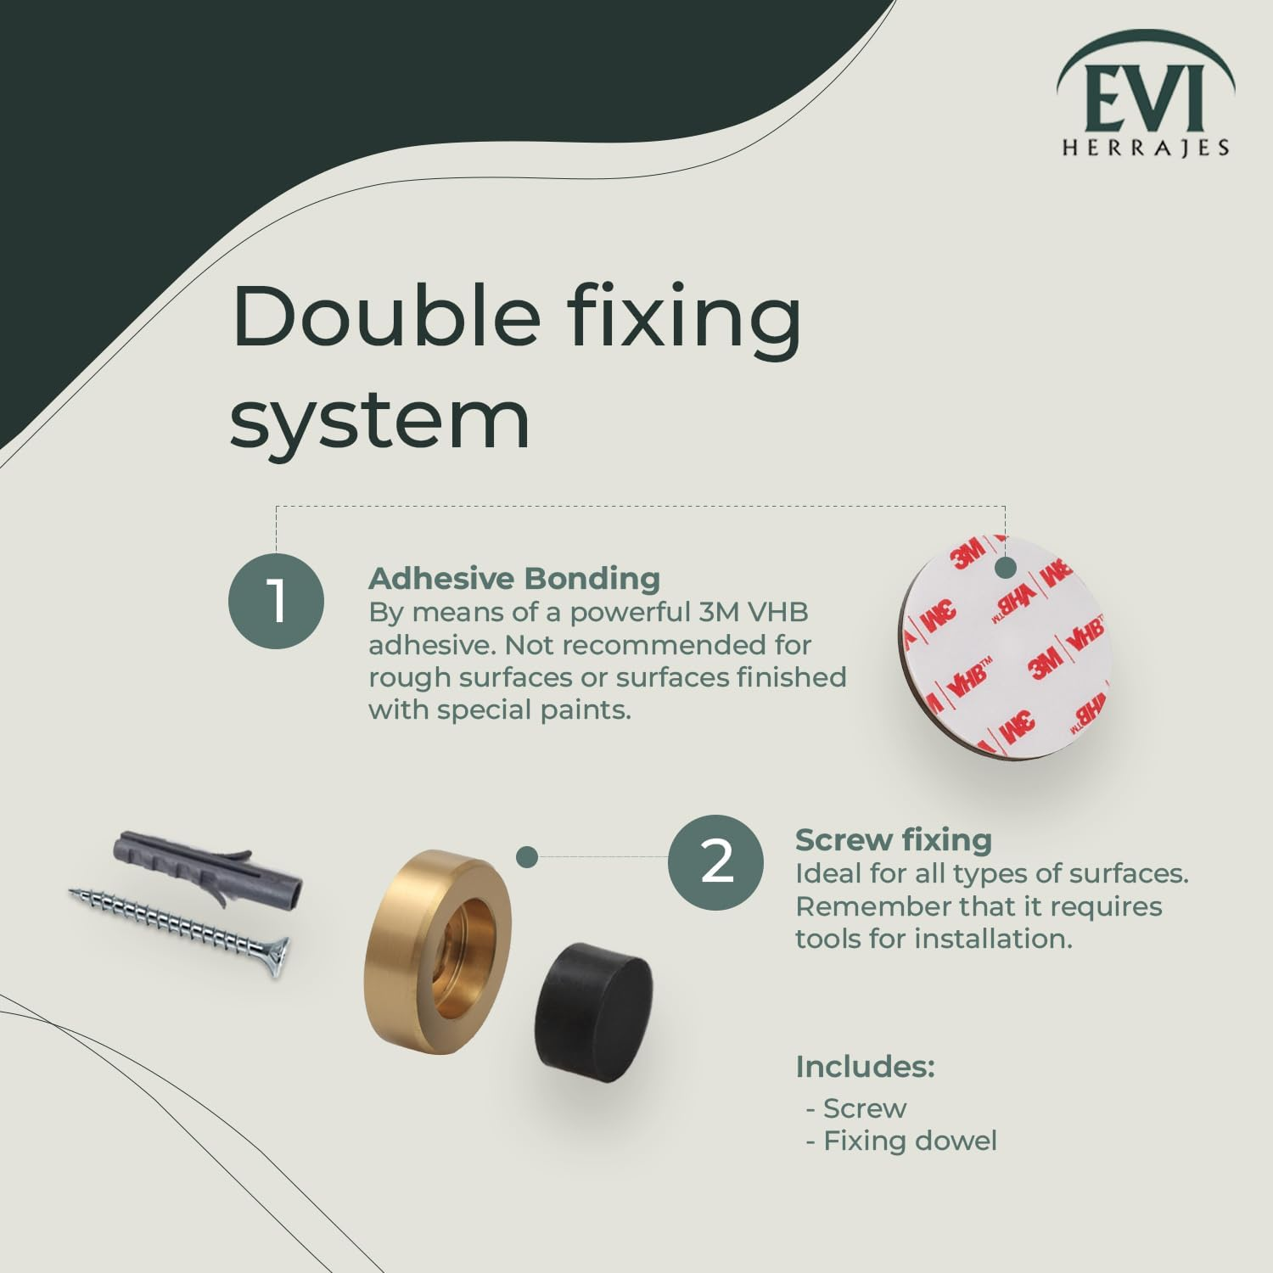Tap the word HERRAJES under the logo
click(1146, 148)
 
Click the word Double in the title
click(386, 316)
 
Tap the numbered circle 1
click(277, 601)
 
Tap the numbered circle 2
click(715, 862)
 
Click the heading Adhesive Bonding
click(514, 579)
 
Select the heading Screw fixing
click(893, 840)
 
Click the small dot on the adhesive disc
click(1006, 569)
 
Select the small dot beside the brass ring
click(527, 857)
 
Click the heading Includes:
click(865, 1067)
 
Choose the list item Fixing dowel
click(910, 1141)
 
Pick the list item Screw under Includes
click(864, 1108)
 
